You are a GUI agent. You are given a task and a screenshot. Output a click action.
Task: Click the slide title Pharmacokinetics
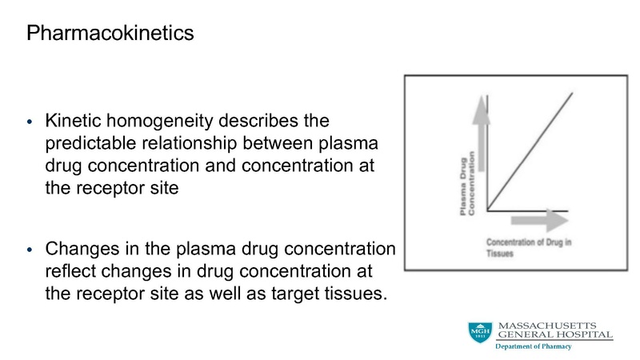[x=110, y=34]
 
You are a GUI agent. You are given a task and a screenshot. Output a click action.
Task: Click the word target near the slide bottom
[x=283, y=291]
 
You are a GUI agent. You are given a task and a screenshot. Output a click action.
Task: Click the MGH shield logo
[x=480, y=333]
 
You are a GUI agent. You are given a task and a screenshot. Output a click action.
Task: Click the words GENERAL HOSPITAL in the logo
[x=554, y=334]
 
